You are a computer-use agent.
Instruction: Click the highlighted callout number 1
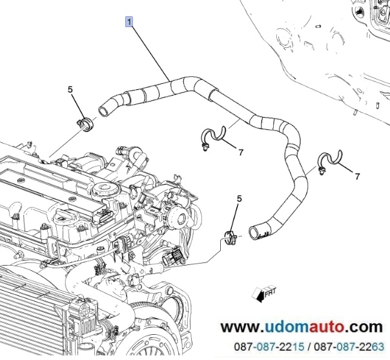[x=129, y=21]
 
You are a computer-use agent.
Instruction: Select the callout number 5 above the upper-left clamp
[x=70, y=89]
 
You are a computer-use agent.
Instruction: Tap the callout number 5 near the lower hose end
[x=239, y=198]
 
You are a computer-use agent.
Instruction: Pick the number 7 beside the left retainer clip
[x=240, y=153]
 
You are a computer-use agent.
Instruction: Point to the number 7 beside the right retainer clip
[x=357, y=176]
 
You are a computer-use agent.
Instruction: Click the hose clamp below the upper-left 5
[x=85, y=124]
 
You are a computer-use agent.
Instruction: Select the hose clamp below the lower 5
[x=231, y=237]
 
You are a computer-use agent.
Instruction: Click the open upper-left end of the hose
[x=103, y=111]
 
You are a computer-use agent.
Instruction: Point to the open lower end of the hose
[x=254, y=233]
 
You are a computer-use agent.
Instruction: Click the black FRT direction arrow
[x=259, y=295]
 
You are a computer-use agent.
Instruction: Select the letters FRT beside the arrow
[x=270, y=292]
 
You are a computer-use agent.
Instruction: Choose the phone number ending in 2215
[x=269, y=346]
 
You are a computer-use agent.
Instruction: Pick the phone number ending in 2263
[x=349, y=346]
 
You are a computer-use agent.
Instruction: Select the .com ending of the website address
[x=364, y=327]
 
